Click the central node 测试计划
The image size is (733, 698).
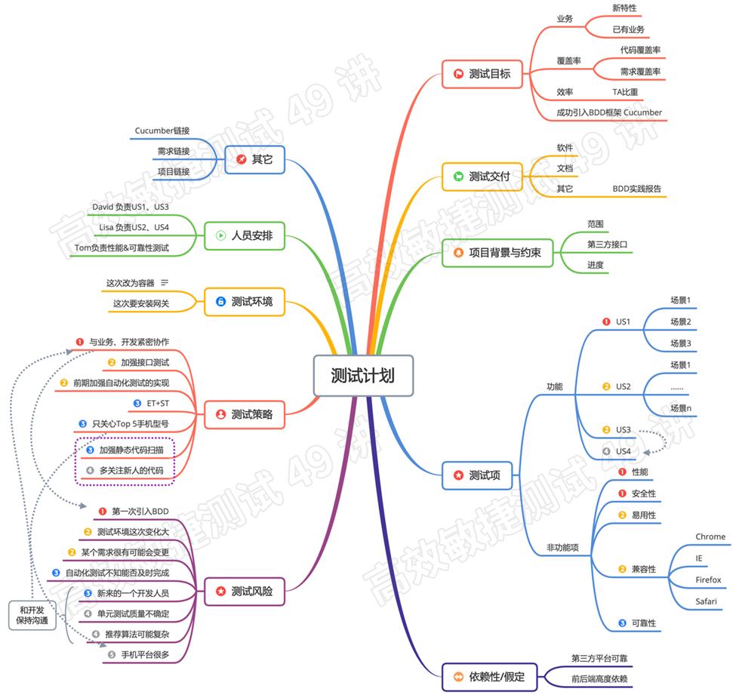[x=363, y=376]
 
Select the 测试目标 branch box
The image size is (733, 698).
[x=482, y=74]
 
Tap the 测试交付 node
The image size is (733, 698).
[x=482, y=177]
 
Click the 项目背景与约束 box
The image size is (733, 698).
[x=497, y=253]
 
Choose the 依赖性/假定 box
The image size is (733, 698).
[x=488, y=676]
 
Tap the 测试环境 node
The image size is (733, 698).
[x=244, y=302]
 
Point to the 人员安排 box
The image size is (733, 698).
[x=244, y=235]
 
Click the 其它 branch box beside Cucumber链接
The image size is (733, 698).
[x=254, y=160]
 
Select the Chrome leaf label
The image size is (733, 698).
[x=710, y=537]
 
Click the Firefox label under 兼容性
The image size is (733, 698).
[x=708, y=580]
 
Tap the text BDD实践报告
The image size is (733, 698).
[x=636, y=189]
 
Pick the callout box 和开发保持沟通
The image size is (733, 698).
[x=32, y=615]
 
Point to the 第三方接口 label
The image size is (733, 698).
[x=607, y=244]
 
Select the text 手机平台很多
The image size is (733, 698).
[x=145, y=654]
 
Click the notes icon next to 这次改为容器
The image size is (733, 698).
[x=165, y=283]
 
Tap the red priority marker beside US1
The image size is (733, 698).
[x=605, y=322]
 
